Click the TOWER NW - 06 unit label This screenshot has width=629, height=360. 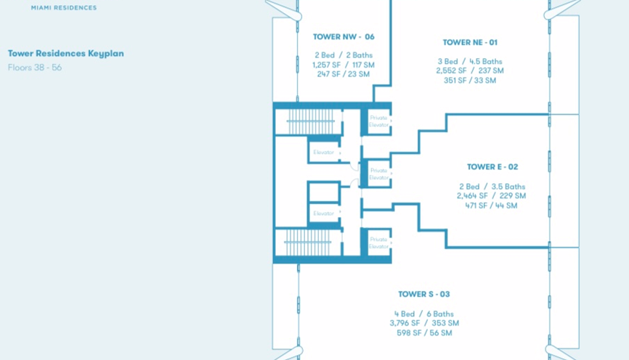tap(344, 36)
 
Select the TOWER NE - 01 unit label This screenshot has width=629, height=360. tap(470, 43)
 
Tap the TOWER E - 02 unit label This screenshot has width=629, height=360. tap(492, 167)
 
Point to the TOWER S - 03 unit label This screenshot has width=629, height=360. tap(423, 294)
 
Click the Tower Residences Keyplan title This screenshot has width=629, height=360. tap(66, 54)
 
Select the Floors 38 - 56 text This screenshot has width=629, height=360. tap(35, 67)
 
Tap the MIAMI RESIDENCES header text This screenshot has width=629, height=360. tap(64, 8)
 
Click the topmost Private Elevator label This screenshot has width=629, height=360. tap(378, 121)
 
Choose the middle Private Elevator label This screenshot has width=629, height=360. tap(378, 174)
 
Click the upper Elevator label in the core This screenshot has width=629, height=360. tap(323, 152)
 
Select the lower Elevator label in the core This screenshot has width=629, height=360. tap(323, 213)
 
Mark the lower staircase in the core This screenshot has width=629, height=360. tap(308, 243)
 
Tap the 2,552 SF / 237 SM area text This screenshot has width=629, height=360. tap(469, 71)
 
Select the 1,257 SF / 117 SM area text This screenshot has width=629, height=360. tap(343, 65)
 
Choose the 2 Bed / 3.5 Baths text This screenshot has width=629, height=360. tap(492, 187)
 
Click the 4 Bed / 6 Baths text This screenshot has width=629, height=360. tap(423, 314)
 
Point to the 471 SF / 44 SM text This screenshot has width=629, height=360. tap(492, 205)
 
